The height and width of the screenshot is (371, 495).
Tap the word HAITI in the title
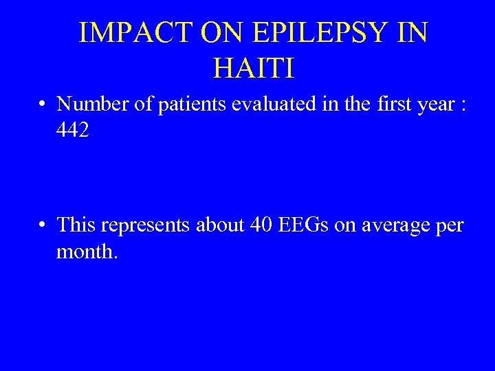tap(254, 67)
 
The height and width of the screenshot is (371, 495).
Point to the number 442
tap(73, 131)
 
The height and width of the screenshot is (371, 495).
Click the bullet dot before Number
tap(43, 105)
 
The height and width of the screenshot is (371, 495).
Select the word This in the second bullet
tap(75, 225)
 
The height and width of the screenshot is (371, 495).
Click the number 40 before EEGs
tap(265, 225)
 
